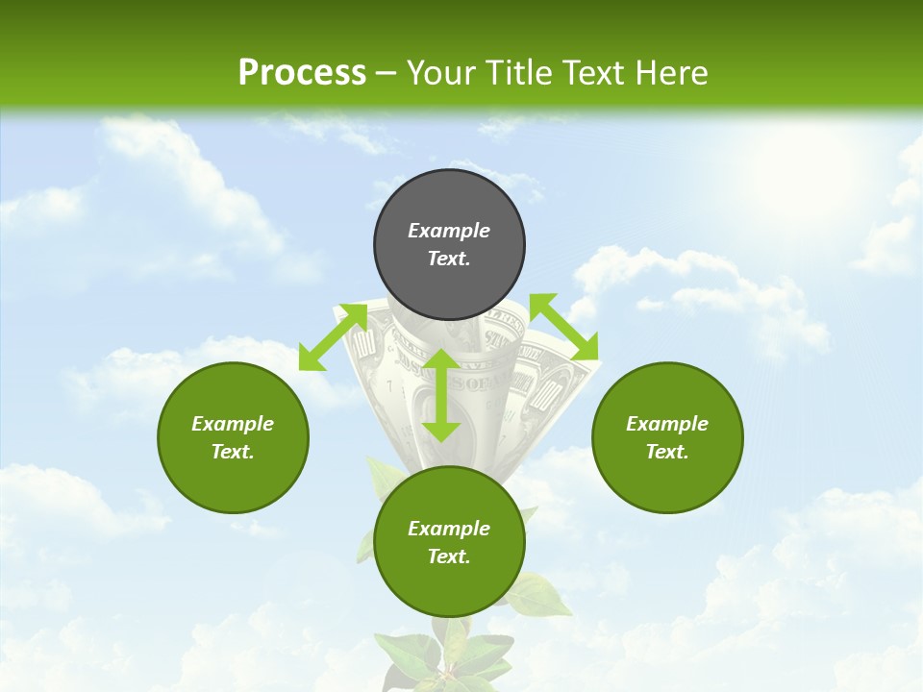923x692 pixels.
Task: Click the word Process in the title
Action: point(302,73)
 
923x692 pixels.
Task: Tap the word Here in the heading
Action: point(669,73)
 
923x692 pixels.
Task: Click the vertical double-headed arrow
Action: point(441,395)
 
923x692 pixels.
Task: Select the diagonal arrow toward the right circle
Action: point(563,327)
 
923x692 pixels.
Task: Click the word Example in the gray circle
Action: point(449,231)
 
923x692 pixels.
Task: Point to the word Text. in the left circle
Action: point(233,452)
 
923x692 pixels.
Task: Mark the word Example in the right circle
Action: point(667,424)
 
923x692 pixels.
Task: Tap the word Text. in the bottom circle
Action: point(449,556)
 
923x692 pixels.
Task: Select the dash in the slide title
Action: point(386,73)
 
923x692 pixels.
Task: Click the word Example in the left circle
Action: point(233,424)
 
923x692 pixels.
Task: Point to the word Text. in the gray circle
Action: point(449,259)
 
